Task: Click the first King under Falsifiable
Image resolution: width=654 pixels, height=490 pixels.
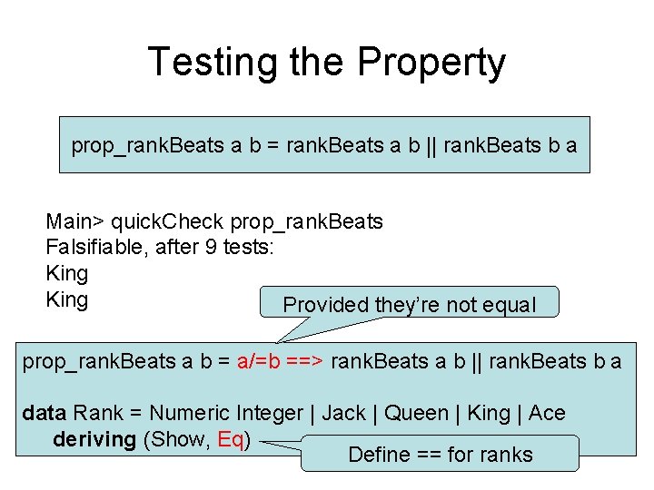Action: [x=66, y=273]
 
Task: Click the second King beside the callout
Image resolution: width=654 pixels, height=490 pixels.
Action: [x=66, y=299]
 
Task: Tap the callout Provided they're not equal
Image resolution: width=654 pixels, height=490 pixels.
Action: [x=410, y=305]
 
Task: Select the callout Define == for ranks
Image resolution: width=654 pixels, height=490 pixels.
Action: [x=440, y=454]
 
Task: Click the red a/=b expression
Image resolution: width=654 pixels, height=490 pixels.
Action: [x=258, y=361]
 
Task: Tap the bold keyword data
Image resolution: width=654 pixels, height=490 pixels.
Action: [x=44, y=413]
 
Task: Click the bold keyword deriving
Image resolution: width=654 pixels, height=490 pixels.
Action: [x=94, y=439]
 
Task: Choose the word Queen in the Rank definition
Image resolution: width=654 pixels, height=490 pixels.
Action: [x=416, y=413]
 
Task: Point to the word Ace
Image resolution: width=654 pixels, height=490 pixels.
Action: [x=547, y=413]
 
